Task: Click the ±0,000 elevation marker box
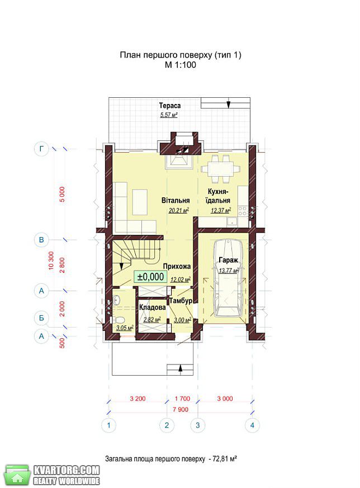point(150,277)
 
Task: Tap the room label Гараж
point(228,260)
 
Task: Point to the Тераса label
point(169,106)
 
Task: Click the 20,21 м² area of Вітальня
point(179,211)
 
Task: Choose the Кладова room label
point(152,307)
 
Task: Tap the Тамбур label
point(181,301)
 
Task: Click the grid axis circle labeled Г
point(41,149)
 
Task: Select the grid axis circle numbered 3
point(197,425)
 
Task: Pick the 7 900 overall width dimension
point(181,410)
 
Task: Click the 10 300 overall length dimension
point(51,260)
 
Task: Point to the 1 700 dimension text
point(182,399)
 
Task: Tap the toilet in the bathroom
point(119,320)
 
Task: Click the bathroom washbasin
point(117,300)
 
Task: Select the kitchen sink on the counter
point(232,221)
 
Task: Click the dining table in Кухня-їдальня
point(221,169)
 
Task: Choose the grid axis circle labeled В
point(41,240)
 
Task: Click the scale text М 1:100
point(181,65)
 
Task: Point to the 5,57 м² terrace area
point(169,115)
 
